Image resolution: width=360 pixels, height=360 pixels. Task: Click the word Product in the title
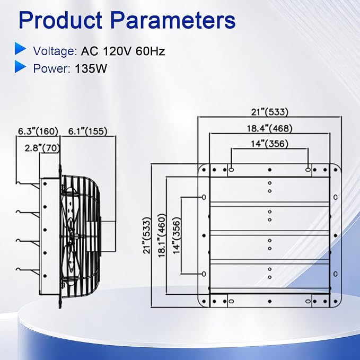pos(60,20)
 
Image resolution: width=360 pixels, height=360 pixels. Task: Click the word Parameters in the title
pos(173,20)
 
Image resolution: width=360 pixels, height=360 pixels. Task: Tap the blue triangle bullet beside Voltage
pos(21,48)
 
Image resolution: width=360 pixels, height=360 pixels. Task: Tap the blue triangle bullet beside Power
pos(21,67)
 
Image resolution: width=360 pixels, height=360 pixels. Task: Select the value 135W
pos(91,68)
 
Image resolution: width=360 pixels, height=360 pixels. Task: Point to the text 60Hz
pos(150,51)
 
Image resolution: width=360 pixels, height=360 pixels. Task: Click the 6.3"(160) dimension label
pos(38,131)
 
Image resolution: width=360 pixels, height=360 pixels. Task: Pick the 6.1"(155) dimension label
pos(88,131)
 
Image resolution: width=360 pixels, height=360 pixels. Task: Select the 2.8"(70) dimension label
pos(42,148)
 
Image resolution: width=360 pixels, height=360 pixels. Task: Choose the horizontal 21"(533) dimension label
pos(269,112)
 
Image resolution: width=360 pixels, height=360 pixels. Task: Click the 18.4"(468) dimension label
pos(269,128)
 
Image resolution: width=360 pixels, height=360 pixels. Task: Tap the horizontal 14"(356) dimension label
pos(269,144)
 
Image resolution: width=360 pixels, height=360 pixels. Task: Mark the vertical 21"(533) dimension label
pos(147,235)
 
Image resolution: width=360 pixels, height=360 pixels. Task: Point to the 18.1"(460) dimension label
pos(162,235)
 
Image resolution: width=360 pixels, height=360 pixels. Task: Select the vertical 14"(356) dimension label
pos(177,235)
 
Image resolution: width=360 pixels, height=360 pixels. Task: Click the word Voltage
pos(55,51)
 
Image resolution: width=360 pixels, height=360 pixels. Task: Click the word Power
pos(51,68)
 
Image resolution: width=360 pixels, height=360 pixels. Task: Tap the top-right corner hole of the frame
pos(336,170)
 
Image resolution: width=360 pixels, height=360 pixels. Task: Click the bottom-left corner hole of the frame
pos(204,301)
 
